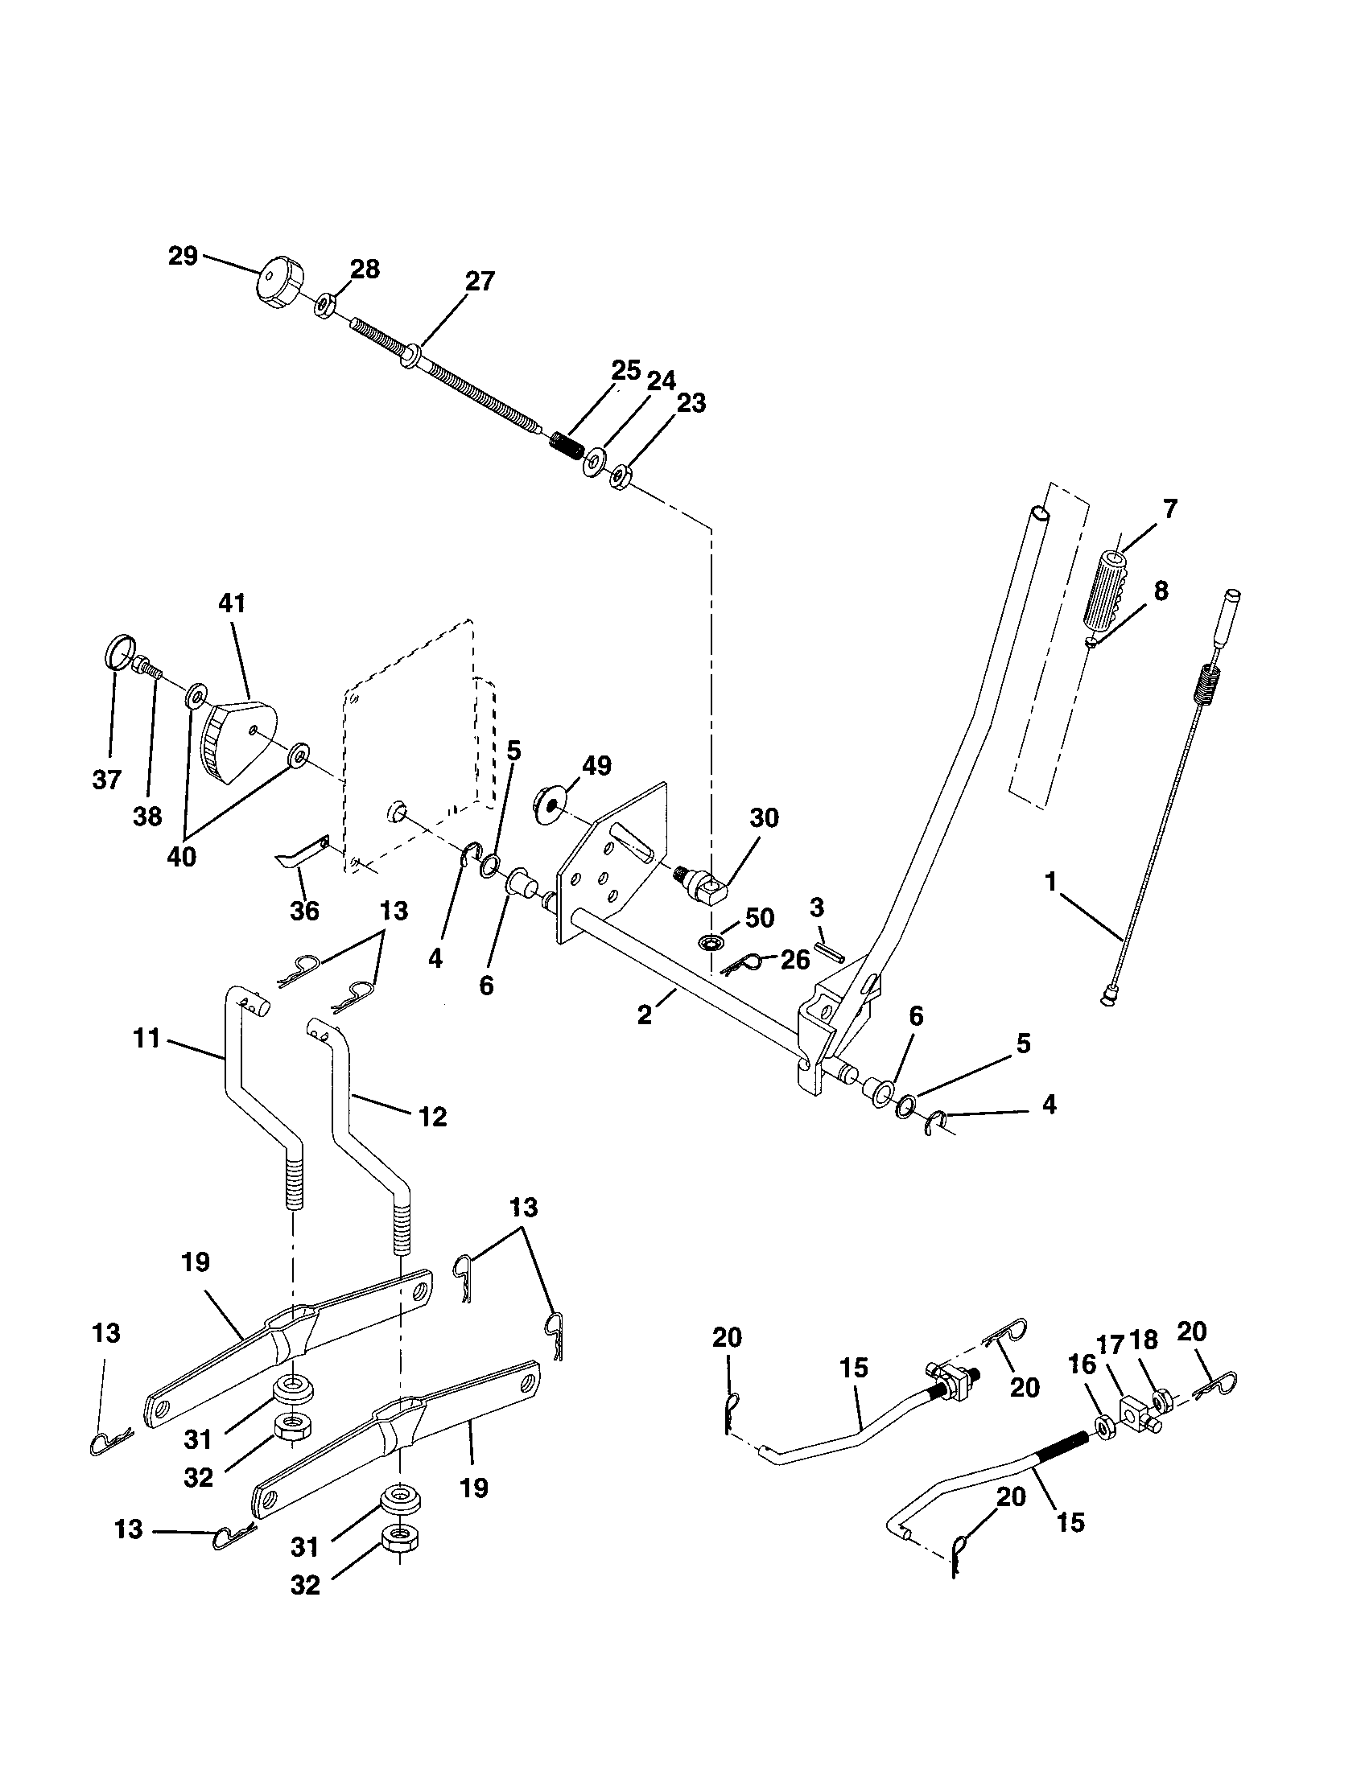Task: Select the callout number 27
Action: (480, 282)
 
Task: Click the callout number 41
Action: (232, 603)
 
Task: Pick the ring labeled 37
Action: (118, 651)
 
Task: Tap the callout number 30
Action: (764, 817)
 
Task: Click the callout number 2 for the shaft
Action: (645, 1015)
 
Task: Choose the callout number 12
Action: (433, 1117)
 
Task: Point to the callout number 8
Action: (1161, 591)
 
